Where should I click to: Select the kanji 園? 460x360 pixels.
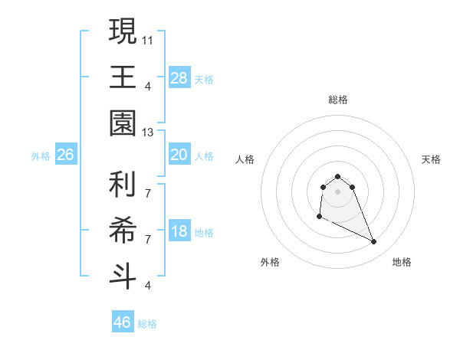click(123, 123)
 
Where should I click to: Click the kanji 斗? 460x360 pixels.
click(123, 274)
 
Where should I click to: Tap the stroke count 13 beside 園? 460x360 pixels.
click(148, 133)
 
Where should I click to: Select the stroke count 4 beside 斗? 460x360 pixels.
click(148, 285)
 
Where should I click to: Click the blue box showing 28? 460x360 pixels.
click(179, 78)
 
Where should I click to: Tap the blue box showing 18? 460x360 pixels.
click(179, 232)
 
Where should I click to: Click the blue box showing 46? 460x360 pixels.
click(122, 322)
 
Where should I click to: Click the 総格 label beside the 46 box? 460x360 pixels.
click(147, 324)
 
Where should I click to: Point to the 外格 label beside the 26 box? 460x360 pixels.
click(41, 156)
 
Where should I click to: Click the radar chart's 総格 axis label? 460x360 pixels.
click(337, 100)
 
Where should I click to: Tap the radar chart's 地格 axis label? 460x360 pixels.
click(402, 262)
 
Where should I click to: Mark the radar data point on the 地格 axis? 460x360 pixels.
click(374, 242)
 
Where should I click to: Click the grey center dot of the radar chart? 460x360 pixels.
click(337, 191)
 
